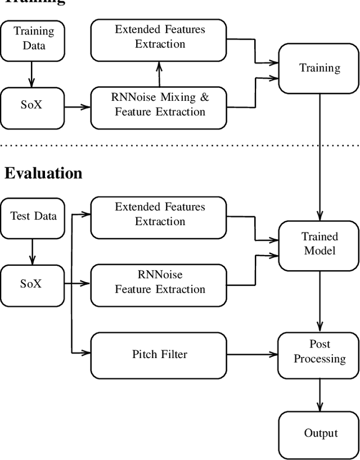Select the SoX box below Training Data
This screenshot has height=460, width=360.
(x=32, y=105)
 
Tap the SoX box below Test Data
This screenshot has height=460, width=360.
(x=32, y=284)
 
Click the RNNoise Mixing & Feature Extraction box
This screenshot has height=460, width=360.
(x=160, y=105)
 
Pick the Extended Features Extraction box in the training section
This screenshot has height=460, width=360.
(x=160, y=37)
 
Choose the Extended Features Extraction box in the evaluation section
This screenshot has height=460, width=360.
(x=160, y=215)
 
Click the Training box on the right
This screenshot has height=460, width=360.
(x=319, y=68)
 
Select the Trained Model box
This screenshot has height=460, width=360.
(x=319, y=244)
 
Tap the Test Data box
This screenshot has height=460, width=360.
(x=32, y=216)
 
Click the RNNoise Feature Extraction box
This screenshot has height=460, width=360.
(x=160, y=282)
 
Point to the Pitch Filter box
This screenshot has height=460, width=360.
(x=160, y=355)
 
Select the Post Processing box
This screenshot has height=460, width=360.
(x=319, y=352)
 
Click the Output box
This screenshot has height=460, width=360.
(x=319, y=433)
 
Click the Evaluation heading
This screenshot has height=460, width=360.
(x=43, y=173)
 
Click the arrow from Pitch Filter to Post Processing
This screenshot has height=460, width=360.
(x=253, y=355)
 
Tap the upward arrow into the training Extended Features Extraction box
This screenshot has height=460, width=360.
(x=160, y=74)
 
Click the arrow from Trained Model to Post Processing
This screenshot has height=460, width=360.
(x=319, y=298)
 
